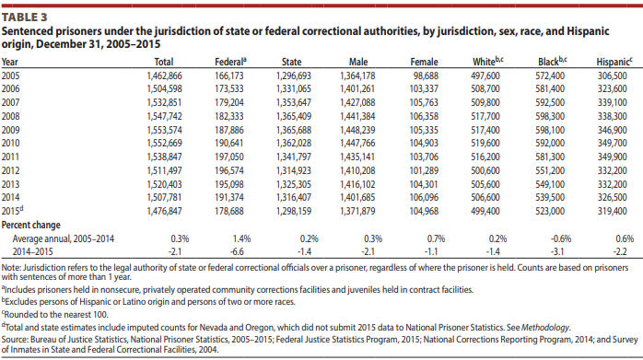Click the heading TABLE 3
25,17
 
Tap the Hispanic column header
614,62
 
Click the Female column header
424,62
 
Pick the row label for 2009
10,130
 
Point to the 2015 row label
12,211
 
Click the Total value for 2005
164,75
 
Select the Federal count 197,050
228,157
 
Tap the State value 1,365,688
294,130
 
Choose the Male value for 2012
357,170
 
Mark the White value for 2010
485,143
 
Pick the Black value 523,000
550,211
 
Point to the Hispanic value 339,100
613,102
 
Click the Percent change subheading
30,225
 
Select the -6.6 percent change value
237,251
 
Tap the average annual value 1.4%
242,238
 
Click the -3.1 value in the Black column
557,251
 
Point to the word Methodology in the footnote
545,328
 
